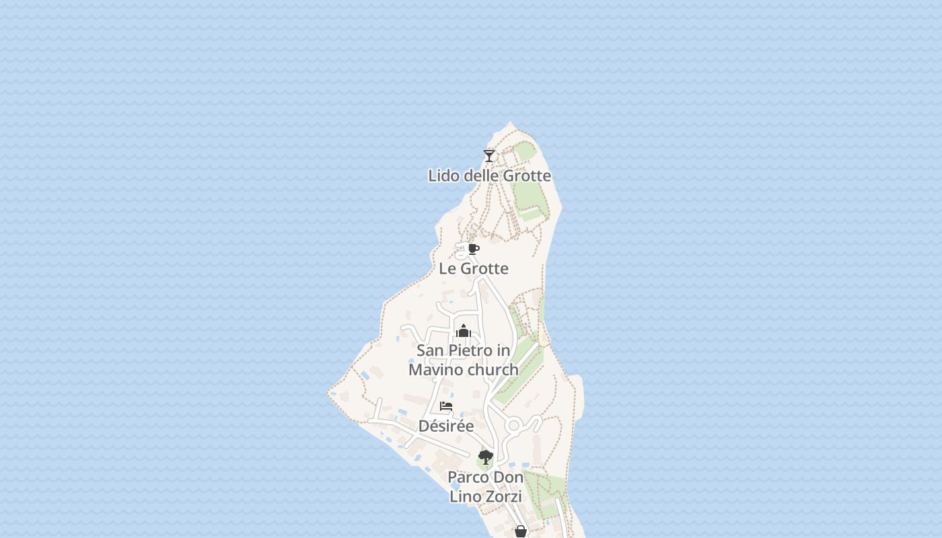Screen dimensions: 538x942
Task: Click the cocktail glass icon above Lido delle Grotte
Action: pos(489,155)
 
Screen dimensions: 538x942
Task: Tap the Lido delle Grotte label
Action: pos(489,176)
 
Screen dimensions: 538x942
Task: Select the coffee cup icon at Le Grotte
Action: pos(474,249)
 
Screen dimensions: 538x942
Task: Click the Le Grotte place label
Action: pos(474,269)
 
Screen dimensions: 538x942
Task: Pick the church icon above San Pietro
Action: pos(463,331)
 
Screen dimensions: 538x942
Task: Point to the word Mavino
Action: pos(435,370)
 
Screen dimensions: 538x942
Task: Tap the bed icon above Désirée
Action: pos(446,406)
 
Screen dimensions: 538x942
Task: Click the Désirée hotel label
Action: pos(446,426)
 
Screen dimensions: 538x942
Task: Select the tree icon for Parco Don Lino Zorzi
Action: pos(485,458)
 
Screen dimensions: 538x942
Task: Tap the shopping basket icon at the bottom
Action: pos(520,531)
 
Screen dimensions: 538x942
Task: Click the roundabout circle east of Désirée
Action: pos(514,426)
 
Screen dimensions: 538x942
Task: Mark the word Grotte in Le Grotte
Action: pos(484,269)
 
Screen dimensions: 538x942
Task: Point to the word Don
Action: pos(509,477)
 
